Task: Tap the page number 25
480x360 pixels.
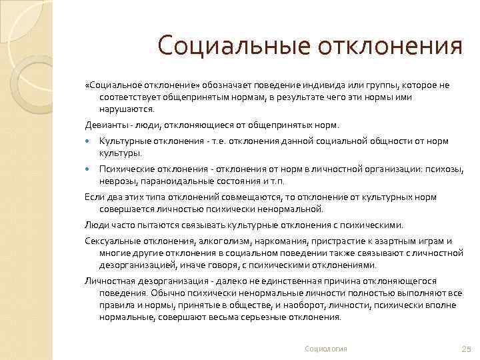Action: [466, 349]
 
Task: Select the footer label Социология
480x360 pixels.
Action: [326, 349]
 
